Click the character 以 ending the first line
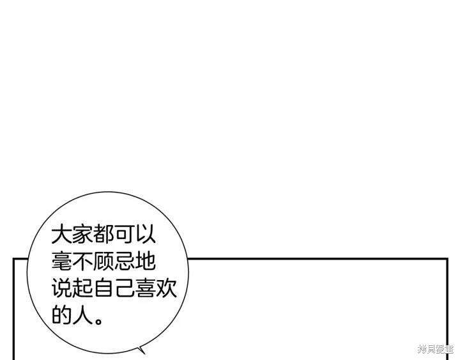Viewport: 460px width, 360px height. (x=145, y=235)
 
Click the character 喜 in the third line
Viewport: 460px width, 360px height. (x=145, y=288)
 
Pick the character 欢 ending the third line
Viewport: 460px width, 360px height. (x=166, y=288)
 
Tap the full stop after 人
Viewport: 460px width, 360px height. (x=98, y=320)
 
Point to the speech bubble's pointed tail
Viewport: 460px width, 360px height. (x=142, y=350)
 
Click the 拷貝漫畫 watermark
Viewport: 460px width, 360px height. (x=435, y=349)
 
